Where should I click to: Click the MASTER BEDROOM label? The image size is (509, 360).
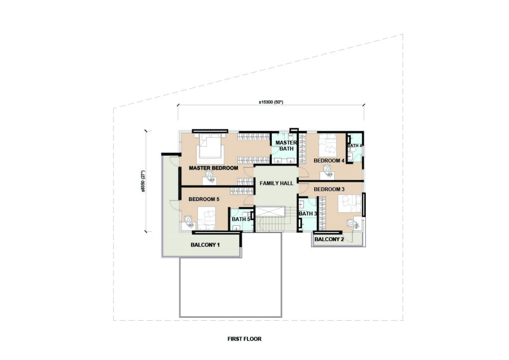[213, 168]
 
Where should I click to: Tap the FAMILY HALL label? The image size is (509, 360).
[276, 183]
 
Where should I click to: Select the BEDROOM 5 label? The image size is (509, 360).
[204, 199]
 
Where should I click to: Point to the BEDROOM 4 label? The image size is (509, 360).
[329, 161]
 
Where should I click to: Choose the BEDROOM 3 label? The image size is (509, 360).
[329, 189]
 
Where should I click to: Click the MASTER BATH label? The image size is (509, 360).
[286, 146]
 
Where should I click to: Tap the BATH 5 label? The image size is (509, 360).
[241, 219]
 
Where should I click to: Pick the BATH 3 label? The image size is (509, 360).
[308, 214]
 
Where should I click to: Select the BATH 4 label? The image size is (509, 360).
[354, 146]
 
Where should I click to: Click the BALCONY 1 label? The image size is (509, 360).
[205, 245]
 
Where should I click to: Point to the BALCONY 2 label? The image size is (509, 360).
[329, 240]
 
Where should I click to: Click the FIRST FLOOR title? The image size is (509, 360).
[245, 339]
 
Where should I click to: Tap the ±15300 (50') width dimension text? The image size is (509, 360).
[271, 102]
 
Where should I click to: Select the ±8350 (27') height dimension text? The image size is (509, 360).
[143, 181]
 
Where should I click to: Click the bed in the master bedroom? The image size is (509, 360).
[210, 148]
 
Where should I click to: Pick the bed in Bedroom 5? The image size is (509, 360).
[207, 218]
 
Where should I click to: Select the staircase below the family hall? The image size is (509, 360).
[270, 219]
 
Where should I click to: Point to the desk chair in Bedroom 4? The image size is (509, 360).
[328, 171]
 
